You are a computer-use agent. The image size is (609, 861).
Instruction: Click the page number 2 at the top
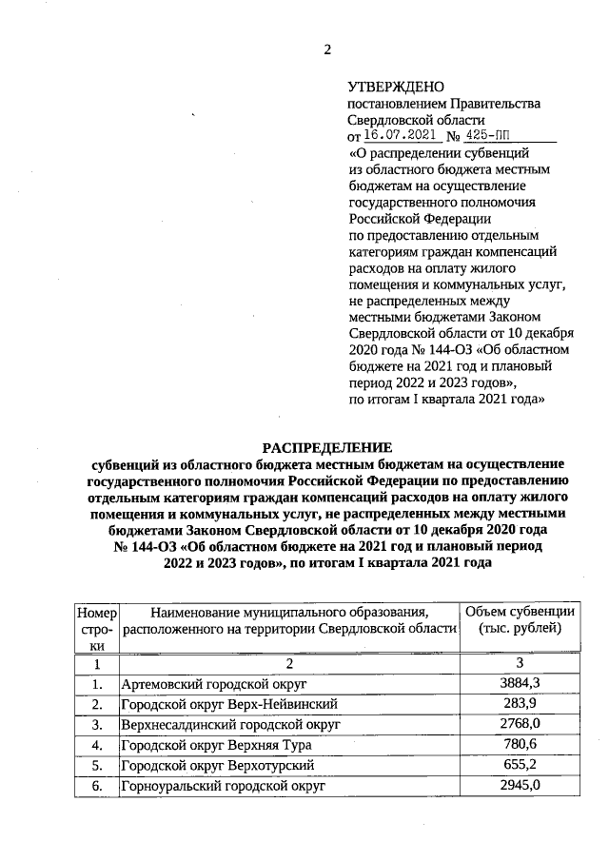pos(327,50)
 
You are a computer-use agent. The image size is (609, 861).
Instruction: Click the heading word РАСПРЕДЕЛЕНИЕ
pos(326,447)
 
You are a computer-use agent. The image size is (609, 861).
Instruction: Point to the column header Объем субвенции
pos(520,611)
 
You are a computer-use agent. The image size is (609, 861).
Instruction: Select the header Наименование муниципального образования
pos(289,612)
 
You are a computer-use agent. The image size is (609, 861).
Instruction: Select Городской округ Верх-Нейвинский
pos(229,704)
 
